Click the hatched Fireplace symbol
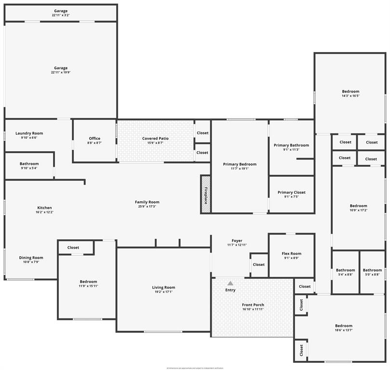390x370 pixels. [205, 194]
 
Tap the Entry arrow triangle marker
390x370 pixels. [230, 283]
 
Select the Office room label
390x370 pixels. [94, 139]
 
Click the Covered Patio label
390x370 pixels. [156, 139]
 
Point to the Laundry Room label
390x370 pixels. [29, 133]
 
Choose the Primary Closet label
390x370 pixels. [291, 193]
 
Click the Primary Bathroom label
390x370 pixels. [291, 145]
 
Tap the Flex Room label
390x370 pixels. [291, 254]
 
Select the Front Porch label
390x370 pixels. [253, 305]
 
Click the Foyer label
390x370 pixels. [237, 241]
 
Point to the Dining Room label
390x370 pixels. [31, 258]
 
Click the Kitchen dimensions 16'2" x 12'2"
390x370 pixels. [44, 212]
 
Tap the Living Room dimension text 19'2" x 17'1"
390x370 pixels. [163, 292]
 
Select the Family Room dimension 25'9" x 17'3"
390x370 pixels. [147, 207]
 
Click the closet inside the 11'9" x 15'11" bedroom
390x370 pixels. [73, 248]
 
